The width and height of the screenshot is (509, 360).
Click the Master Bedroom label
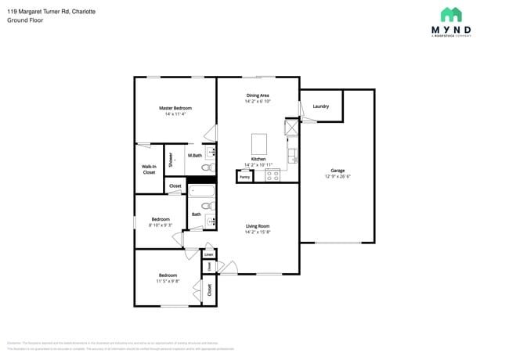click(175, 108)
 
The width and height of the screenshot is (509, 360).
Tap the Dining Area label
click(258, 95)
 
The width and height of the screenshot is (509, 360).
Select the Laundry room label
click(320, 106)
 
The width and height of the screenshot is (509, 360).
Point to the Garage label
click(338, 171)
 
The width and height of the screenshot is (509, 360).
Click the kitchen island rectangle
click(259, 144)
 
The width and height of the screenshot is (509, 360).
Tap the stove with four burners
click(273, 175)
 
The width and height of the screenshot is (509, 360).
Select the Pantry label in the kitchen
click(244, 177)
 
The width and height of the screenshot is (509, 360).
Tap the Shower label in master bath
click(171, 159)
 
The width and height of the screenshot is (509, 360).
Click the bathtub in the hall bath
click(201, 191)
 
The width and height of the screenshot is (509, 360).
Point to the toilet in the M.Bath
click(208, 167)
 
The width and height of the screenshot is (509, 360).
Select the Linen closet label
click(208, 254)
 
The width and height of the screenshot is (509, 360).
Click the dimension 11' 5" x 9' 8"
click(168, 281)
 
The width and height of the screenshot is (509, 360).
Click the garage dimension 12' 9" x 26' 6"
click(338, 176)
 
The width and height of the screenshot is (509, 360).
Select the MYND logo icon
click(450, 15)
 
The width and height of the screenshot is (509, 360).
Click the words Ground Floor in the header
click(25, 20)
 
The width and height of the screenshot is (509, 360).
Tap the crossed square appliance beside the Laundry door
click(291, 127)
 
